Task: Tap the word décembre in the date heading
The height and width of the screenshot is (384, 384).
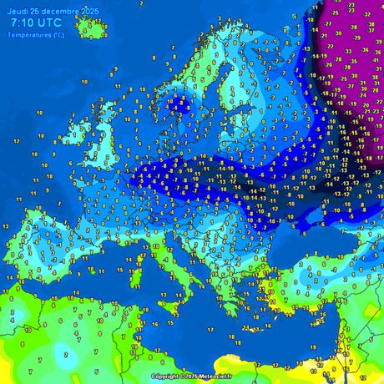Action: click(53, 8)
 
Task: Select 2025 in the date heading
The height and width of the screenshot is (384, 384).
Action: click(87, 8)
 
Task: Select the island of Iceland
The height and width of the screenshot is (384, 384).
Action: click(90, 28)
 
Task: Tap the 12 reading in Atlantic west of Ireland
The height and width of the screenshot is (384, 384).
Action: click(16, 142)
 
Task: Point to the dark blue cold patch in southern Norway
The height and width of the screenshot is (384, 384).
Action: click(174, 106)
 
